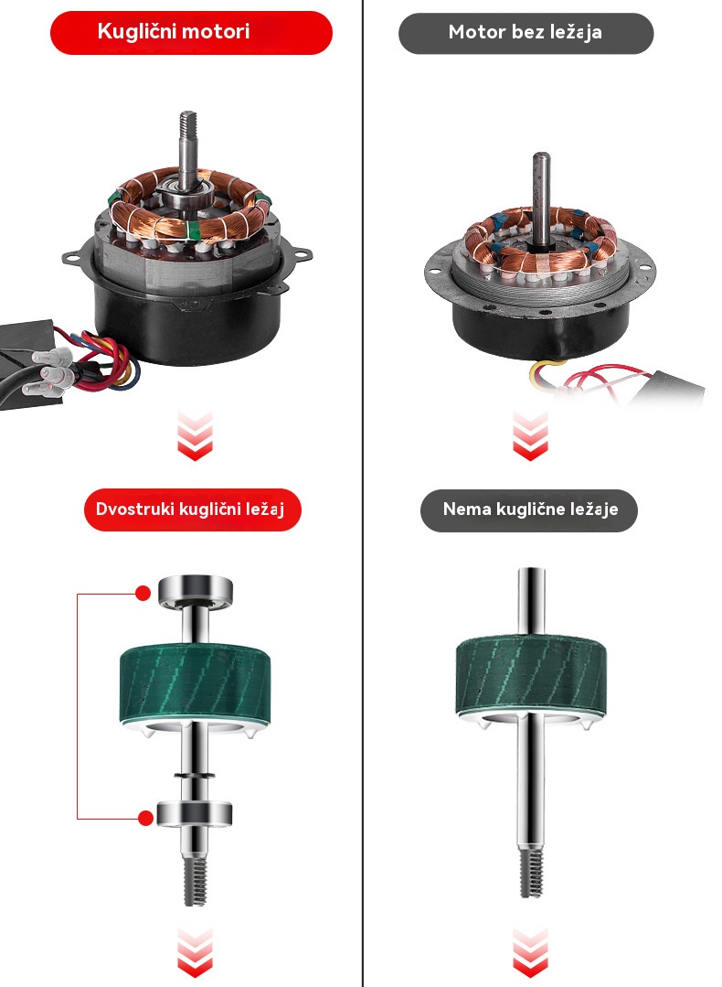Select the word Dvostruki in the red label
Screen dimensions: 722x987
[x=135, y=509]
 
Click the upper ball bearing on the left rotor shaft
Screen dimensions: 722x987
[x=195, y=591]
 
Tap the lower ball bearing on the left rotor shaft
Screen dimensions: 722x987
[x=195, y=814]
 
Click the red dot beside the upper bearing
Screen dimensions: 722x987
[x=143, y=593]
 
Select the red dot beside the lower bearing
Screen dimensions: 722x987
[x=145, y=819]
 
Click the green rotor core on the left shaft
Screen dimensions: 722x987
[x=195, y=685]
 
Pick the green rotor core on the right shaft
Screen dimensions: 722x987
[x=530, y=677]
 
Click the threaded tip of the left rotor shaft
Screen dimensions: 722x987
[x=195, y=881]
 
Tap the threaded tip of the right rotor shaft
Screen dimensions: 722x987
[x=531, y=873]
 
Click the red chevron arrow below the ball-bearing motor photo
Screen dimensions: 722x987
[x=195, y=435]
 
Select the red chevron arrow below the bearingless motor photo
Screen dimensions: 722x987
[x=530, y=435]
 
